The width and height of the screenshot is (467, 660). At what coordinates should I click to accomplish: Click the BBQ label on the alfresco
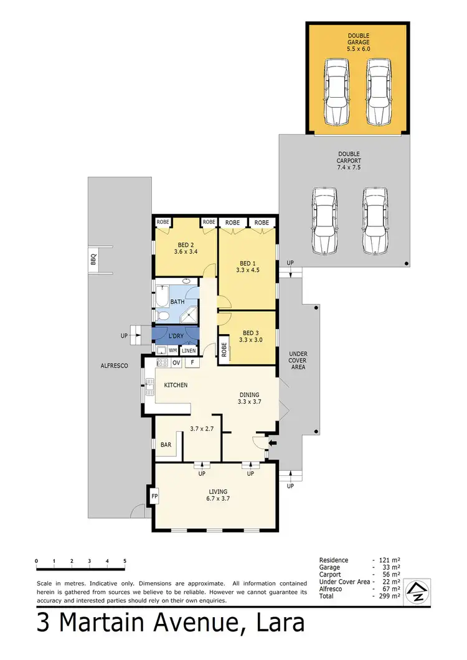94,261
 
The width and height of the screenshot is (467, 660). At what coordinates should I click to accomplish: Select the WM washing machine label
172,351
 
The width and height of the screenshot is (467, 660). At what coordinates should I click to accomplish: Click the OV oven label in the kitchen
176,362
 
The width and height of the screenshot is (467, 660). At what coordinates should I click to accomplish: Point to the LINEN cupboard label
189,351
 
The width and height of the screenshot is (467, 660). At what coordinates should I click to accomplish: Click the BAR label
166,445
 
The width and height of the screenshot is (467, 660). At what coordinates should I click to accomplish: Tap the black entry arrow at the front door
271,443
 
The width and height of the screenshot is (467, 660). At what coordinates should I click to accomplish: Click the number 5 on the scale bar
125,561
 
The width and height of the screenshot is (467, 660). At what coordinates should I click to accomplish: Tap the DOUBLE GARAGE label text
358,39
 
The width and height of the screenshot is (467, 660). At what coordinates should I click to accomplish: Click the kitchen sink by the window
149,389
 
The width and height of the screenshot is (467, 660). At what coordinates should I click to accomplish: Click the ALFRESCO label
114,366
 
